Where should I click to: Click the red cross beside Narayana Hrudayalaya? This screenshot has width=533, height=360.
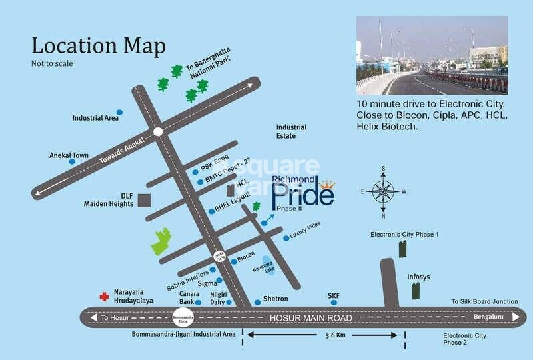coord(104,297)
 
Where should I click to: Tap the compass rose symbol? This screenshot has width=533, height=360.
coord(382,191)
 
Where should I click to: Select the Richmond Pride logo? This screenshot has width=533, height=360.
coord(302,193)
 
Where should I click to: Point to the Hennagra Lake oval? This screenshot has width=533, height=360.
coord(267,265)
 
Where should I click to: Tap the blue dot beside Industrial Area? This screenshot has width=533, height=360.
coord(119,112)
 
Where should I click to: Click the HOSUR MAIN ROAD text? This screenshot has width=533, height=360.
coord(310,318)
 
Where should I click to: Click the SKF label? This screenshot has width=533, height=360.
coord(334,295)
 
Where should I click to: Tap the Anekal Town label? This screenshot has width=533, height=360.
coord(69,155)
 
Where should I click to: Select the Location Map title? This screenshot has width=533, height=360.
coord(99,46)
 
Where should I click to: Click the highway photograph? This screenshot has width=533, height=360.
coord(432,55)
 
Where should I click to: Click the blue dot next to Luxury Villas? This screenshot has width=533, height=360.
coord(286,238)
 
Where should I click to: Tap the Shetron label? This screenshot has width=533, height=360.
coord(275,299)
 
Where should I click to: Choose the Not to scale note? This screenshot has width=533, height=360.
coord(52,64)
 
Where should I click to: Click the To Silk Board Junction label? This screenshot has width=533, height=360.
coord(484,301)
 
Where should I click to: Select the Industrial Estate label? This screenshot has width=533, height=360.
coord(292,131)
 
